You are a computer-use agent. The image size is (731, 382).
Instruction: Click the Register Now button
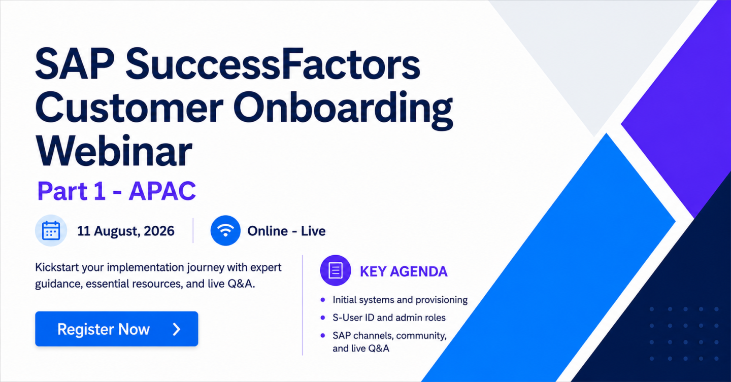[117, 329]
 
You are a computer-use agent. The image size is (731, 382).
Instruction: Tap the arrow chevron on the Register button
[177, 329]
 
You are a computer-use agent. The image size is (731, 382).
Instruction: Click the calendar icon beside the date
[51, 230]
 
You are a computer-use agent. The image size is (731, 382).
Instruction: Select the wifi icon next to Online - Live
[225, 230]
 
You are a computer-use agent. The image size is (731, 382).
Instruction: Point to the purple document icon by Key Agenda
[336, 270]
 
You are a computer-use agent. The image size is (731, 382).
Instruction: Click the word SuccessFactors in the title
[273, 64]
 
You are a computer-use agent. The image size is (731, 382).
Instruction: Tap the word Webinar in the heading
[114, 152]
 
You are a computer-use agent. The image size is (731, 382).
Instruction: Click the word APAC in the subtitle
[162, 191]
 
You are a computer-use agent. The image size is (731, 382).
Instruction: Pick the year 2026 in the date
[159, 231]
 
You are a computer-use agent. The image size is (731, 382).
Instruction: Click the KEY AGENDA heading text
[404, 271]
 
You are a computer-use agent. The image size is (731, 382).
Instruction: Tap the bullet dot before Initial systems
[323, 300]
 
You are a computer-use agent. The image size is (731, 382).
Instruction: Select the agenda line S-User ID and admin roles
[389, 318]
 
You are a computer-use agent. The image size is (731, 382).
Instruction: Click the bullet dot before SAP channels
[323, 335]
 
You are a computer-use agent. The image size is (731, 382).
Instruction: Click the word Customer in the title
[129, 107]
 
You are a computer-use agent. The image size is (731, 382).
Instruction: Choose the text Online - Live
[286, 231]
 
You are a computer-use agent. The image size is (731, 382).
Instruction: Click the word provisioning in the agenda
[437, 300]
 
